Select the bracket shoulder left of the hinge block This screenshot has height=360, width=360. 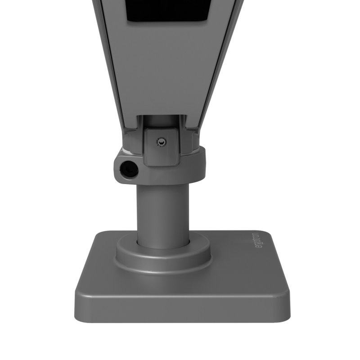[x=131, y=135]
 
